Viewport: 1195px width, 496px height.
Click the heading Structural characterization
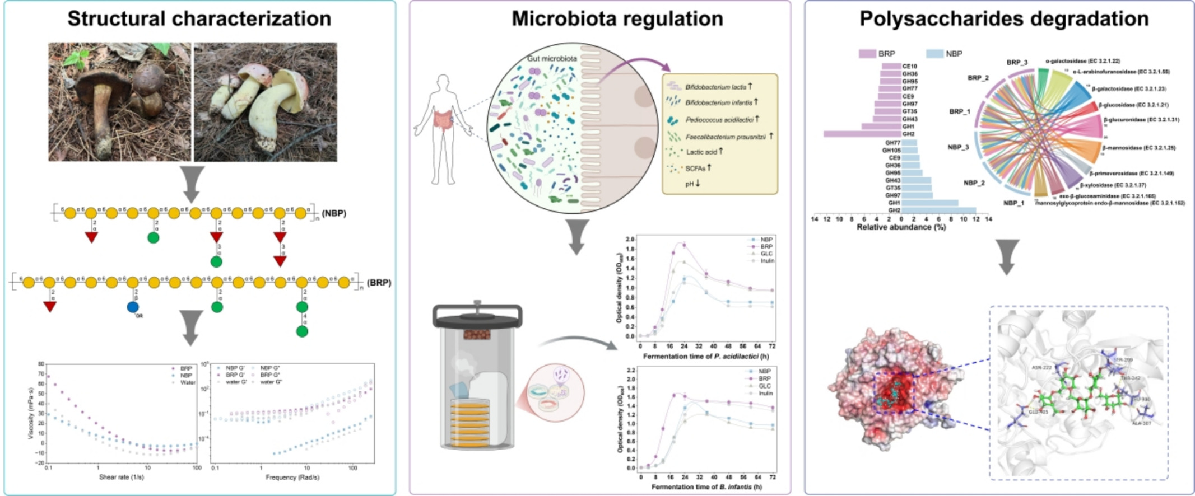click(x=199, y=18)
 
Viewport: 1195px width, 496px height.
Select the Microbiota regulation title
click(x=617, y=18)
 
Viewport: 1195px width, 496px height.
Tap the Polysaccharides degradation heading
click(x=1004, y=18)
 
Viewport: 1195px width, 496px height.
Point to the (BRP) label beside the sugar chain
click(x=379, y=283)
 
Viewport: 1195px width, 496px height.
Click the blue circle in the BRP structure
click(x=133, y=307)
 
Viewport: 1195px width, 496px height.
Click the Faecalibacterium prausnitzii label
click(x=726, y=137)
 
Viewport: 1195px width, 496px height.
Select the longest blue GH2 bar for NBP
click(x=939, y=210)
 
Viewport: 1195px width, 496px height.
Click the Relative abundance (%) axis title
click(x=901, y=227)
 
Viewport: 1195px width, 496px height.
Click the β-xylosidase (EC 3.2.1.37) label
click(x=1113, y=185)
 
